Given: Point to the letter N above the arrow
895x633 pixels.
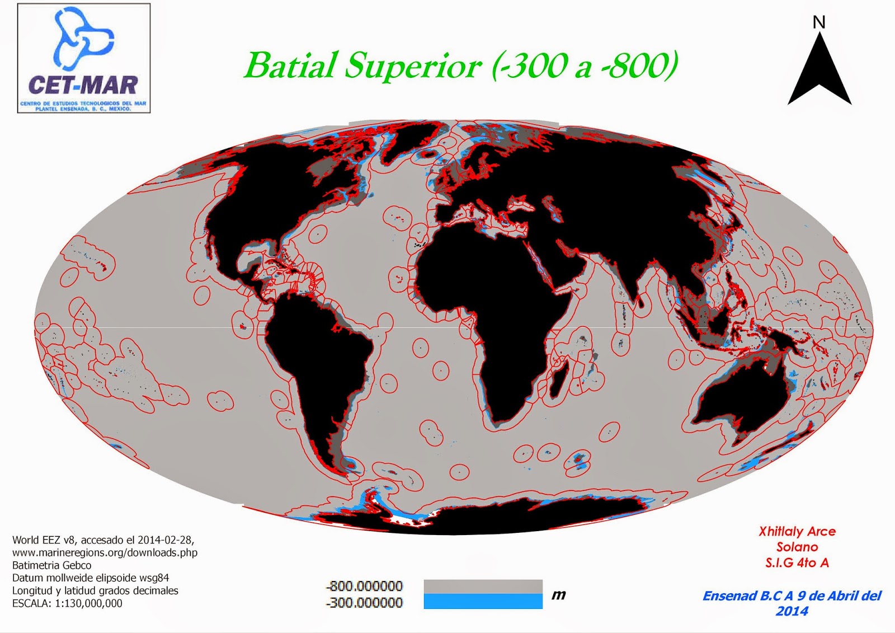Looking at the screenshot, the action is [819, 22].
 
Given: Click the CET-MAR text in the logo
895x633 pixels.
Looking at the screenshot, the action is [83, 85].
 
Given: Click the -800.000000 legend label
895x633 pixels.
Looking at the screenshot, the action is [364, 586].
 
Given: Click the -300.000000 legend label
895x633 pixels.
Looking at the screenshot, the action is [364, 603].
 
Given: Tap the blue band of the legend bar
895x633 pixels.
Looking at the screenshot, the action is [483, 602].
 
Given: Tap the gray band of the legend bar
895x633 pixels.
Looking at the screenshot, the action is [483, 587].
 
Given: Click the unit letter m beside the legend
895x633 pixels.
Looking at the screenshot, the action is [559, 595].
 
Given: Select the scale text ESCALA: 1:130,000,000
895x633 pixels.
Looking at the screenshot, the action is [67, 603].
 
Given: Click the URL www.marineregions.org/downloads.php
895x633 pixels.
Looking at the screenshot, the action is [105, 552].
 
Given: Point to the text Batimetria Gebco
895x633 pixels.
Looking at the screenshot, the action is [51, 565].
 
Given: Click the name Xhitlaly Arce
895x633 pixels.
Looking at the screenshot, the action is [797, 532].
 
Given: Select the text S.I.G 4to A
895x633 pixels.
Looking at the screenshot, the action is [797, 563].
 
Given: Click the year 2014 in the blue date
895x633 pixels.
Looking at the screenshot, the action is [792, 611].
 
